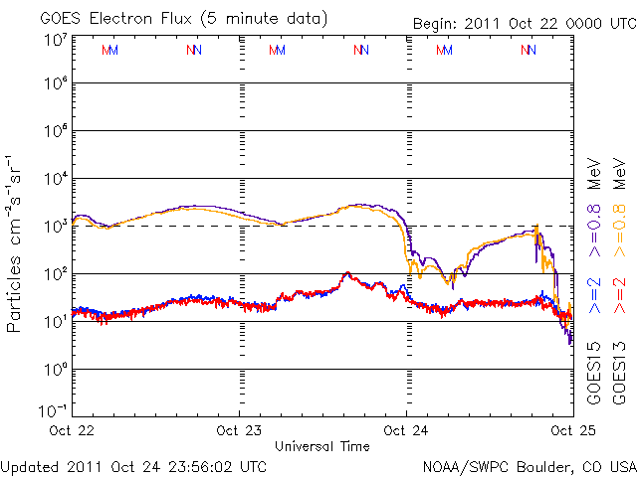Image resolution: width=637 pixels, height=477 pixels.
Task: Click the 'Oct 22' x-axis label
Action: pyautogui.click(x=72, y=430)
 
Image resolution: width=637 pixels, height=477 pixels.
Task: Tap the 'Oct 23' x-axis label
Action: pyautogui.click(x=239, y=430)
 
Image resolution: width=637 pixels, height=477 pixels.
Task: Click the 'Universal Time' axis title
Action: pyautogui.click(x=322, y=446)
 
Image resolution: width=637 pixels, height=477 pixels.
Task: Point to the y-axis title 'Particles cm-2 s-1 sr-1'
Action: pyautogui.click(x=16, y=242)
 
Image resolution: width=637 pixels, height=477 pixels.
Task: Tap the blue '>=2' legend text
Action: pyautogui.click(x=593, y=295)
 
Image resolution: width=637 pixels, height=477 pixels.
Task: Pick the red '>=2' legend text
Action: pyautogui.click(x=619, y=295)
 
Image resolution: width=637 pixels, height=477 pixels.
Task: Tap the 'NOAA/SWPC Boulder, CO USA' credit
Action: pyautogui.click(x=528, y=465)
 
